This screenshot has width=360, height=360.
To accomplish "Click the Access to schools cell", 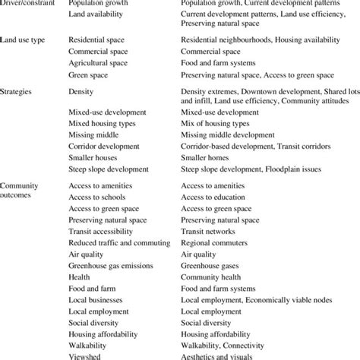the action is [x=99, y=197].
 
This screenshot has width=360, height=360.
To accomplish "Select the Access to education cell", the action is [x=216, y=197].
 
